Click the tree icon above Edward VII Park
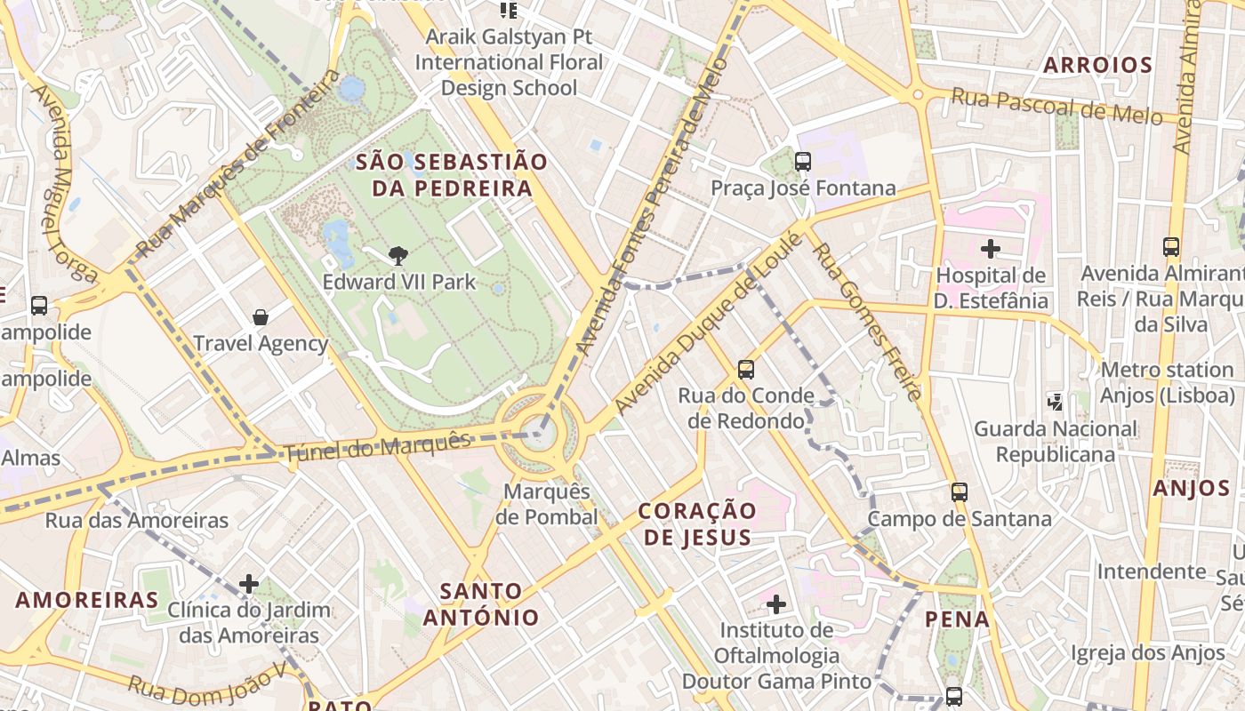[398, 256]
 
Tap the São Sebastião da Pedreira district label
[452, 175]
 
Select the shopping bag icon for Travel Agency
[261, 317]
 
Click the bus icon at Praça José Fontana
[802, 162]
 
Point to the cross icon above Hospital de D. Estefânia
[990, 249]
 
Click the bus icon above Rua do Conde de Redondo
[745, 369]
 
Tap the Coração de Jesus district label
[697, 523]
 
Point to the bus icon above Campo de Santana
[959, 492]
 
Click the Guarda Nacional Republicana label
[1055, 442]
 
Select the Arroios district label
[1097, 65]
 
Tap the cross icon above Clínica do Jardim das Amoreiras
[249, 584]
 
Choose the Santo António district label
[481, 603]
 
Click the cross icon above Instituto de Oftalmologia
[776, 605]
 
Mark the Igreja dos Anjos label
[1147, 653]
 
